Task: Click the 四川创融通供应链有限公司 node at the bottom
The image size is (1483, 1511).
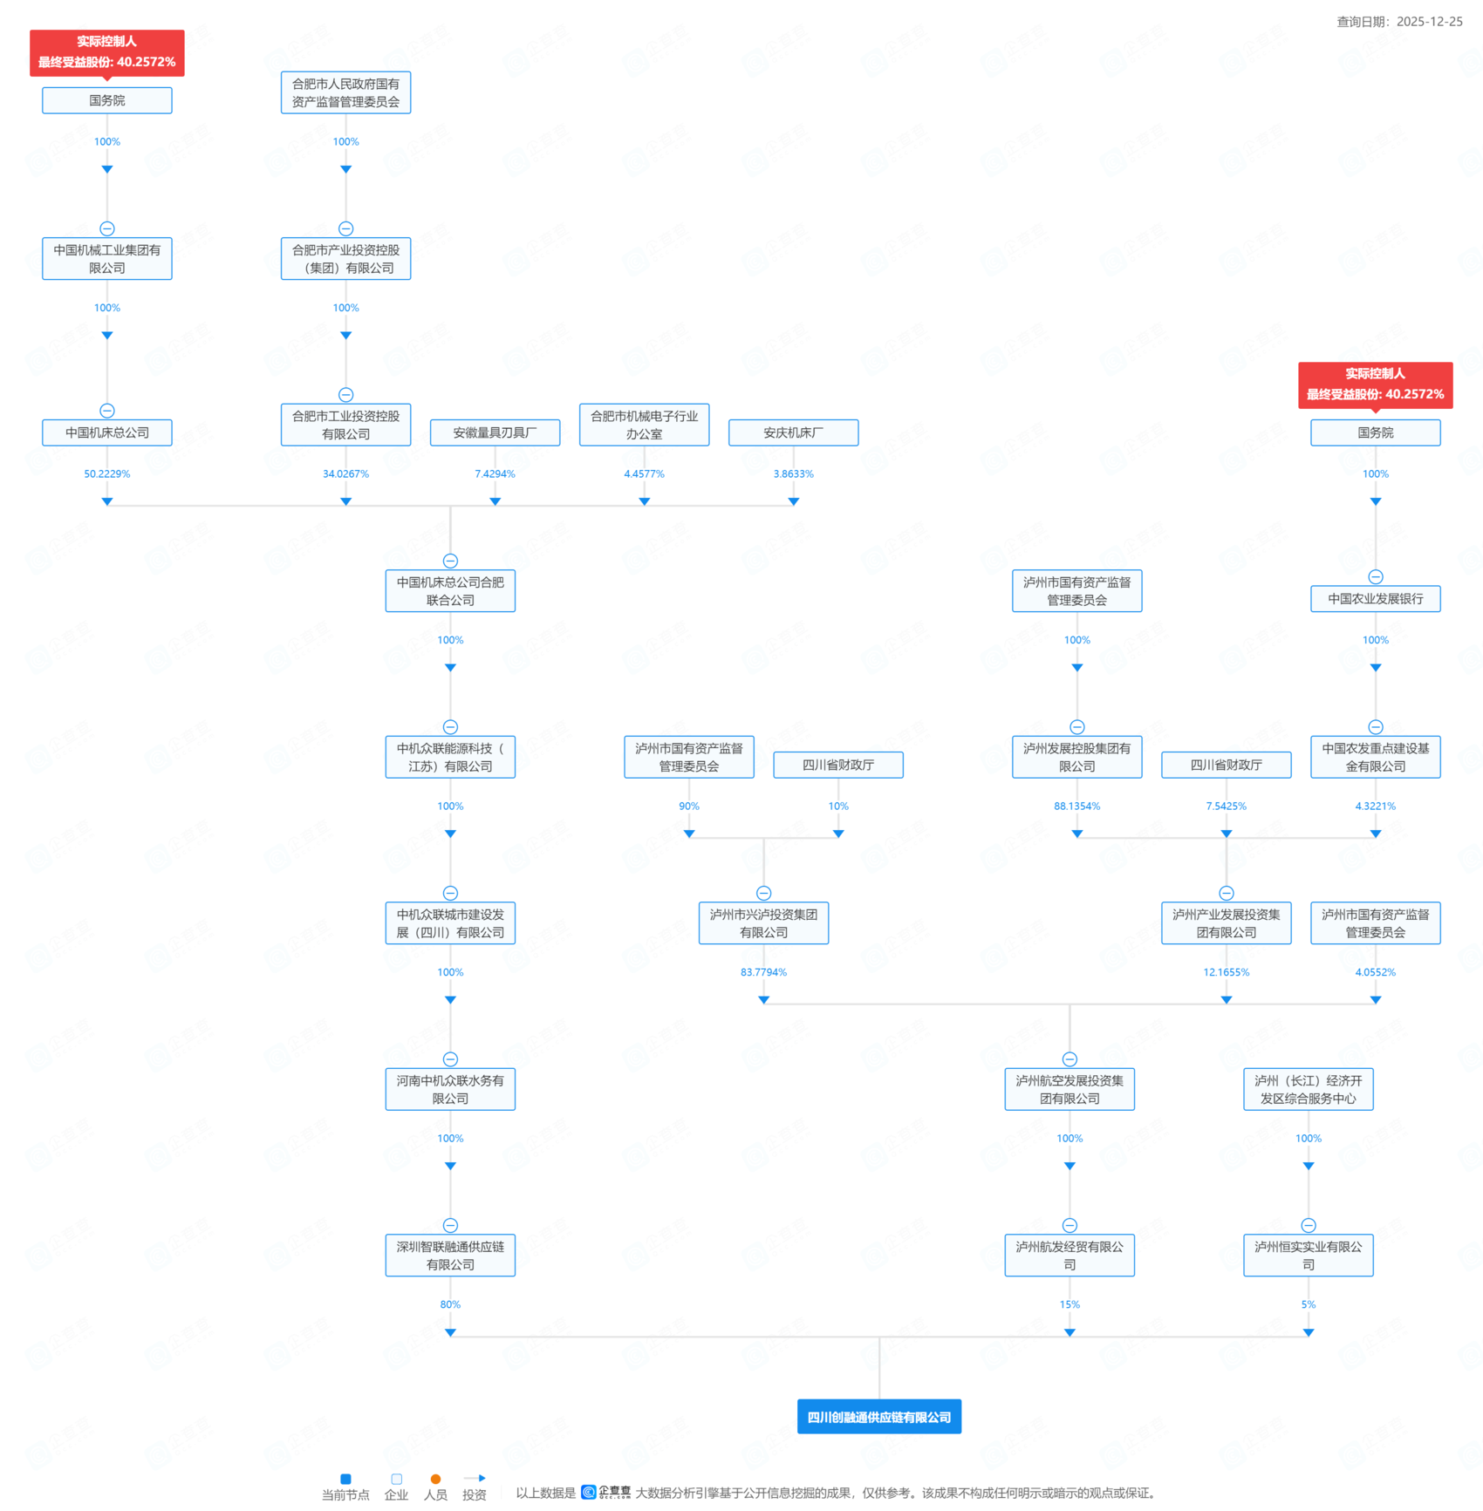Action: (878, 1417)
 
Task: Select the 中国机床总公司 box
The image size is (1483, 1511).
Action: (107, 432)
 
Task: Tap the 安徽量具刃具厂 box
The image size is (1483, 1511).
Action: (495, 432)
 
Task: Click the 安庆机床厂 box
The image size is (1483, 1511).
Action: (793, 432)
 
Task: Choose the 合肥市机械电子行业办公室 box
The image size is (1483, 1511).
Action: (644, 425)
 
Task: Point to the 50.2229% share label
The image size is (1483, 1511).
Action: (107, 474)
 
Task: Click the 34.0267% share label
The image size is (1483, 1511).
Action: (345, 474)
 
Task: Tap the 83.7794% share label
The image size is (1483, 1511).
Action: (763, 972)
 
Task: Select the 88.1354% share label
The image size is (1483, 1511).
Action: (1076, 807)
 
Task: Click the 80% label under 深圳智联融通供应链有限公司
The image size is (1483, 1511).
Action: (450, 1304)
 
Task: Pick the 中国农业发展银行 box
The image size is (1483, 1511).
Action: (1375, 599)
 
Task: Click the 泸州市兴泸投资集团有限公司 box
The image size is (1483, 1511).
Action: (763, 923)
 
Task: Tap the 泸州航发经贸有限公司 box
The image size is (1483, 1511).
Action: (1070, 1256)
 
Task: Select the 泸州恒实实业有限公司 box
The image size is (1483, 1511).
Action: (1308, 1256)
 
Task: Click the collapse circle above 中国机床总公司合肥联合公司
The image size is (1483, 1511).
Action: (450, 561)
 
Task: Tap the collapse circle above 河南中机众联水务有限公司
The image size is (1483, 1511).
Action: (450, 1059)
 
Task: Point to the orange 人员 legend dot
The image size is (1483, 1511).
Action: (435, 1479)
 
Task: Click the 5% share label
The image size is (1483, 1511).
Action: (1308, 1304)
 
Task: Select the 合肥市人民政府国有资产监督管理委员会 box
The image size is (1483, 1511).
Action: (345, 92)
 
